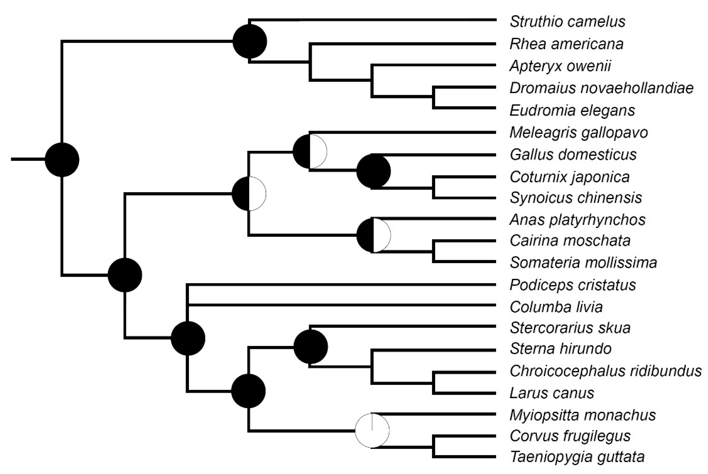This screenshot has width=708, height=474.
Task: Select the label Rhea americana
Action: pos(566,44)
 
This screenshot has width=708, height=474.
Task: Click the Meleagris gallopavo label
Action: pos(579,133)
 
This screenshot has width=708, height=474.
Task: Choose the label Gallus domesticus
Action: pos(573,155)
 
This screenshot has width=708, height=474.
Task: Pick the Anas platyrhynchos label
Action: pos(577,220)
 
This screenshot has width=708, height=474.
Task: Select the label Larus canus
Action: pos(552,393)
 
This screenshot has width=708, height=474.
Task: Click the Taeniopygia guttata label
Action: pos(577,457)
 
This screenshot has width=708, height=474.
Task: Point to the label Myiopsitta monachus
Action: pos(583,415)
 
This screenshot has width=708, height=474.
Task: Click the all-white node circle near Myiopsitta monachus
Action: pos(372,430)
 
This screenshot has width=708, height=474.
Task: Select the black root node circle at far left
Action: pos(62,160)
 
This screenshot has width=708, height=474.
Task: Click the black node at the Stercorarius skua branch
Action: pos(310,347)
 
